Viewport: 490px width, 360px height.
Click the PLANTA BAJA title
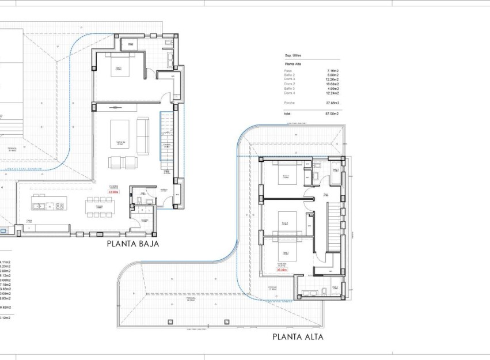132,244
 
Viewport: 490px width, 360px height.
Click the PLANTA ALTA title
298,337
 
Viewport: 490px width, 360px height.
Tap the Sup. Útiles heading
293,55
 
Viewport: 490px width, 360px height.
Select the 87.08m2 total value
332,113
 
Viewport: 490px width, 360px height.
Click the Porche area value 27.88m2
332,103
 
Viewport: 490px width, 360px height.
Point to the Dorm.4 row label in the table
289,93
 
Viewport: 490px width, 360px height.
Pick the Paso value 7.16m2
333,70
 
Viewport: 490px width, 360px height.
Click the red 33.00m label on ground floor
113,192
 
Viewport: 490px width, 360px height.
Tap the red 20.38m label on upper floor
282,269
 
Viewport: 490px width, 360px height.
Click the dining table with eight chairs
100,207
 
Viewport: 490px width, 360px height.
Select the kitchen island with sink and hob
50,206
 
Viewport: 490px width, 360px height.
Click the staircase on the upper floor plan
333,229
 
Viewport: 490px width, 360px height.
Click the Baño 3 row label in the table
290,89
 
